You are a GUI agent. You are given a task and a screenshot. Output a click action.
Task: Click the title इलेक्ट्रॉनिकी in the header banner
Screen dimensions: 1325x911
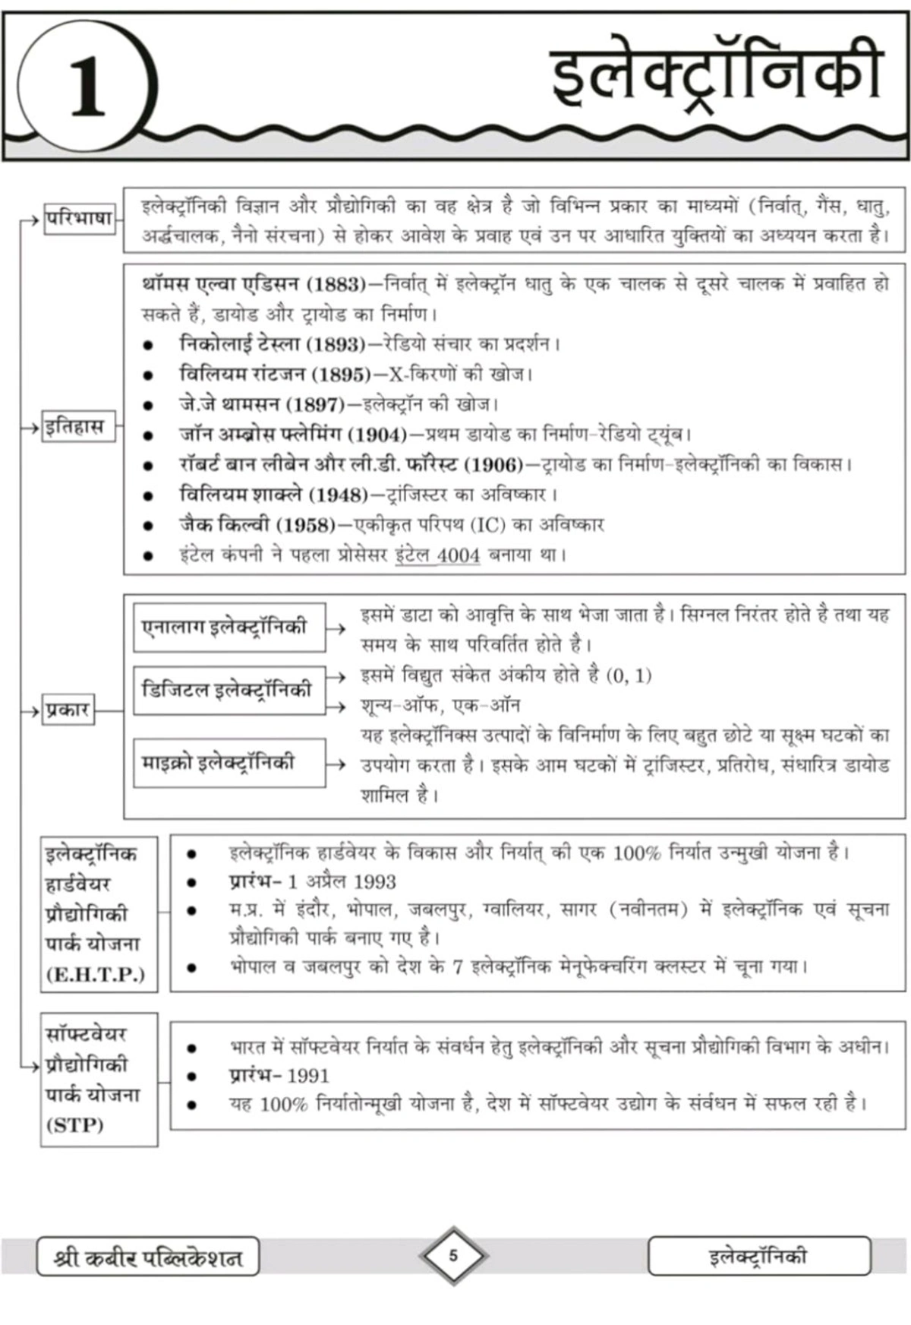(x=716, y=75)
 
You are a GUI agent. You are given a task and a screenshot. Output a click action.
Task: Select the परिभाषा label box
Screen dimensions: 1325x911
(x=79, y=220)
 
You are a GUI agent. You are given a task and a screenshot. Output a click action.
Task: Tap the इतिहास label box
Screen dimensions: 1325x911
(x=74, y=426)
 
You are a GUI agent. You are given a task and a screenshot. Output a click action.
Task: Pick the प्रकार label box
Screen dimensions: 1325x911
(x=68, y=710)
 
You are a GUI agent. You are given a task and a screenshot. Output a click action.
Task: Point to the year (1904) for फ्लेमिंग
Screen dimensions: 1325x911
(x=377, y=435)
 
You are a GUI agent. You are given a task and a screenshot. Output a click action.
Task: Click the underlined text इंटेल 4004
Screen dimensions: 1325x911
(x=437, y=555)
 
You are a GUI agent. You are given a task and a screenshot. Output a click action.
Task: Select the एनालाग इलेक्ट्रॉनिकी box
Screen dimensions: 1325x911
(x=229, y=628)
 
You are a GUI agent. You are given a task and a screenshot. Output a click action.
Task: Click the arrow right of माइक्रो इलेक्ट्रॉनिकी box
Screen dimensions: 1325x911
(x=336, y=764)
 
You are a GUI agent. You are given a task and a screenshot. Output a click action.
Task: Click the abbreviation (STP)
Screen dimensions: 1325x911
(x=74, y=1125)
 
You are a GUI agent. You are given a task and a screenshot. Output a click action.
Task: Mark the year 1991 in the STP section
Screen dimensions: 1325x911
(x=308, y=1076)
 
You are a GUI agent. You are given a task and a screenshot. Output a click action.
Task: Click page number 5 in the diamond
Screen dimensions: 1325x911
(x=453, y=1255)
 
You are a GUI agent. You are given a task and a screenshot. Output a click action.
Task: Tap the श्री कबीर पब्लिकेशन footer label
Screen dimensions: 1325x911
(x=148, y=1257)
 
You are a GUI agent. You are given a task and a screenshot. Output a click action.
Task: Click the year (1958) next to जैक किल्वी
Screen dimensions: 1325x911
(x=304, y=525)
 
